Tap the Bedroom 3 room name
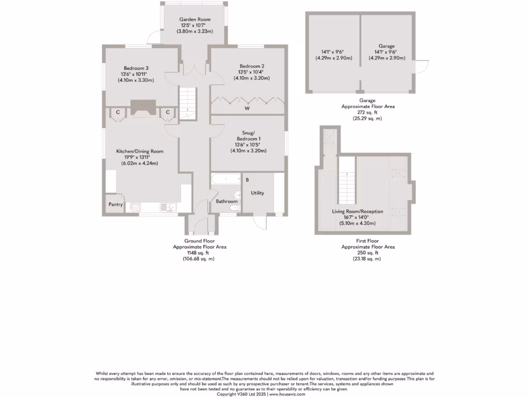pyautogui.click(x=136, y=68)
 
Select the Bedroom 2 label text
pyautogui.click(x=252, y=66)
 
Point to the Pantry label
pyautogui.click(x=116, y=204)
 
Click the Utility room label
pyautogui.click(x=257, y=193)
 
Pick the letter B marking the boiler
pyautogui.click(x=247, y=180)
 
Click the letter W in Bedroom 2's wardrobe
pyautogui.click(x=247, y=109)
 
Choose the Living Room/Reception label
pyautogui.click(x=354, y=211)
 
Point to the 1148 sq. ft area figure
pyautogui.click(x=199, y=253)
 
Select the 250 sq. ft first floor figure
pyautogui.click(x=368, y=253)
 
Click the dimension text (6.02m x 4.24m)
pyautogui.click(x=139, y=163)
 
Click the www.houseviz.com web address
pyautogui.click(x=287, y=394)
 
